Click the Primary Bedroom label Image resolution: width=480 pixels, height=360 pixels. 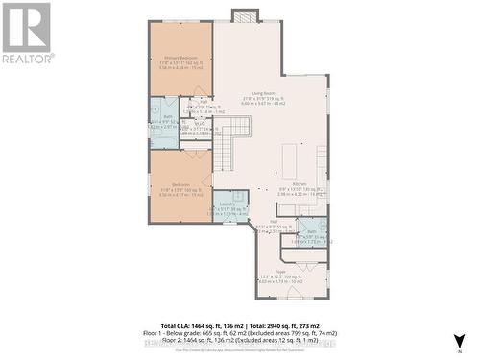[x=180, y=59]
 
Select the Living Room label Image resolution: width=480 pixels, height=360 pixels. [x=252, y=93]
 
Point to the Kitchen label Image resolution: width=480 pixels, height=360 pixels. [x=299, y=182]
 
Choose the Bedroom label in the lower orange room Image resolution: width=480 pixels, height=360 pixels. [x=180, y=184]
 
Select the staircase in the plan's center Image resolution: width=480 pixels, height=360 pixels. [x=224, y=150]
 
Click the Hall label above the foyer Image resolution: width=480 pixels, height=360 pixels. [x=273, y=221]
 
